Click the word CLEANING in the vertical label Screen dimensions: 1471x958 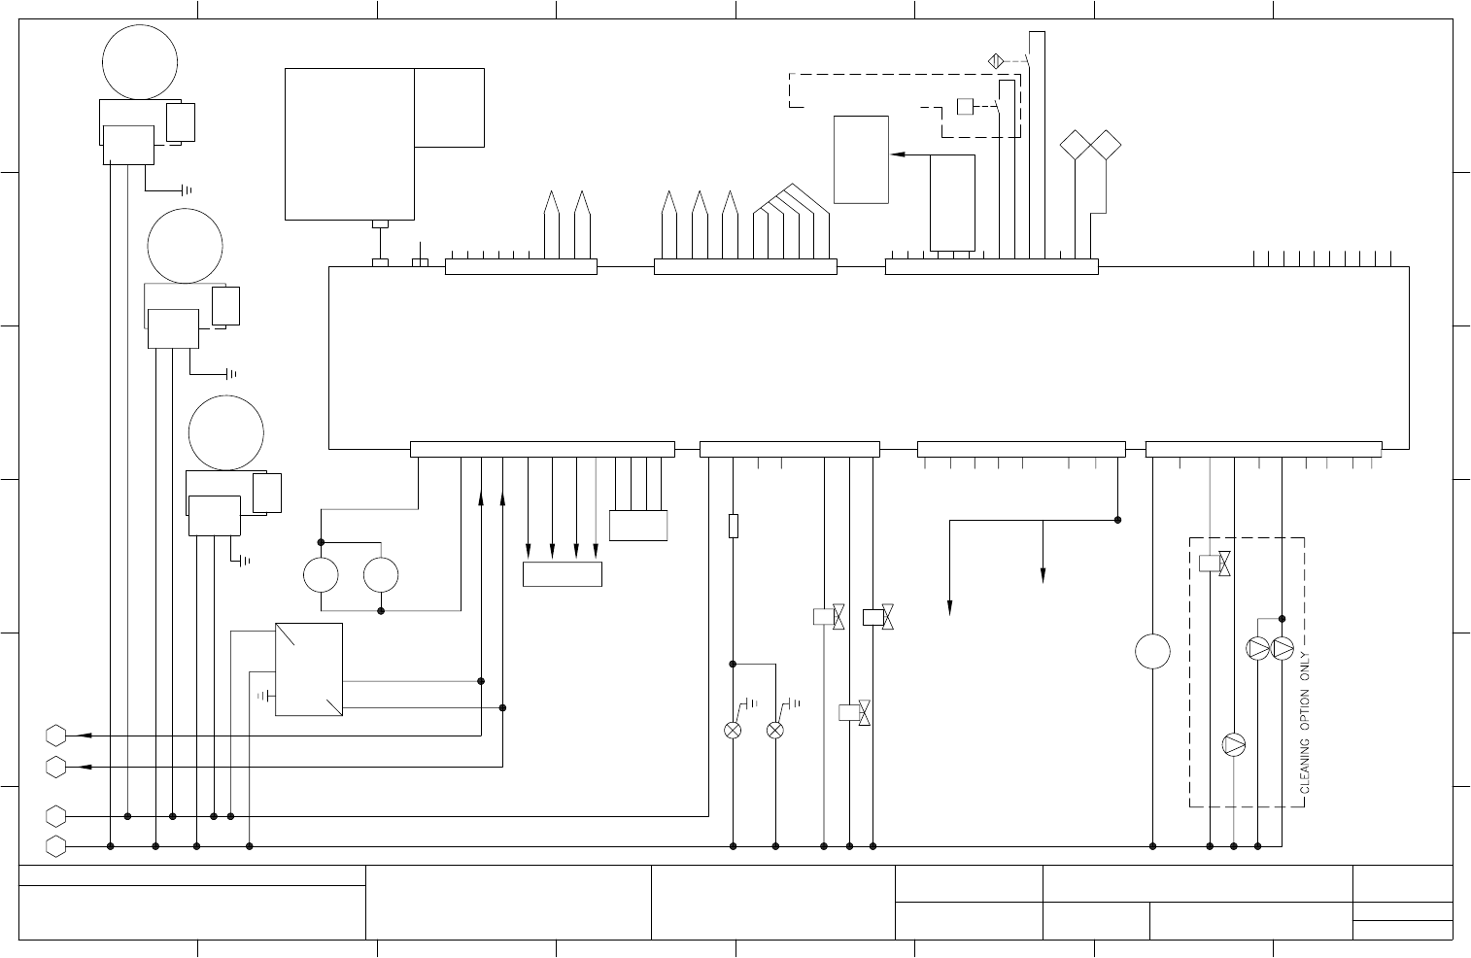pyautogui.click(x=1304, y=766)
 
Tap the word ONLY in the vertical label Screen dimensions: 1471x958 pyautogui.click(x=1304, y=667)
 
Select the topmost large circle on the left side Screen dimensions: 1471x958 pyautogui.click(x=140, y=62)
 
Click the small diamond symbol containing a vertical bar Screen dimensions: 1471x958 pyautogui.click(x=996, y=61)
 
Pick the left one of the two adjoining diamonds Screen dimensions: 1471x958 pyautogui.click(x=1076, y=145)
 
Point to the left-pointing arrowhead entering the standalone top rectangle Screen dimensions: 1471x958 pyautogui.click(x=898, y=154)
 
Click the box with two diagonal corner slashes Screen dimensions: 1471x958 pyautogui.click(x=309, y=669)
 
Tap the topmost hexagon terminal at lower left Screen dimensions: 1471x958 pyautogui.click(x=55, y=736)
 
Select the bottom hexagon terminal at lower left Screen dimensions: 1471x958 pyautogui.click(x=55, y=846)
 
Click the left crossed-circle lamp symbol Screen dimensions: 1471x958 pyautogui.click(x=733, y=730)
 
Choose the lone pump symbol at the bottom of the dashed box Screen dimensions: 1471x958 pyautogui.click(x=1233, y=744)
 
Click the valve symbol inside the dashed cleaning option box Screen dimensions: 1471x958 pyautogui.click(x=1214, y=564)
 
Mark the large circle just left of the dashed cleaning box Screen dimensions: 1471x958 pyautogui.click(x=1152, y=651)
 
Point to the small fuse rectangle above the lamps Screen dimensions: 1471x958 pyautogui.click(x=734, y=526)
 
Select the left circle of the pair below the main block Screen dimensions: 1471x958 pyautogui.click(x=322, y=575)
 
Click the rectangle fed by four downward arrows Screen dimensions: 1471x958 pyautogui.click(x=563, y=574)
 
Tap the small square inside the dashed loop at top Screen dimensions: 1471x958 pyautogui.click(x=965, y=106)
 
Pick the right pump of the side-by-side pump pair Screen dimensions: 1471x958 pyautogui.click(x=1282, y=649)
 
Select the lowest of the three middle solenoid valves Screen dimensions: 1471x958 pyautogui.click(x=854, y=712)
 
